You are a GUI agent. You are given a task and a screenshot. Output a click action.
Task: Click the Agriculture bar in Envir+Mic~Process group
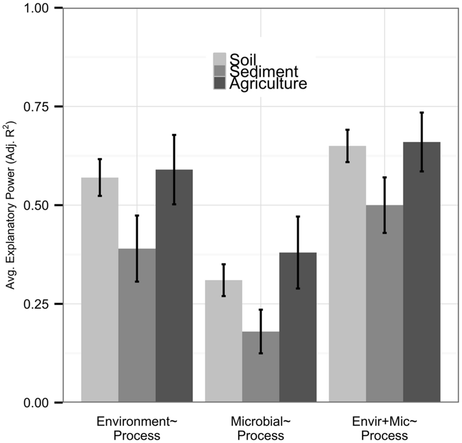(x=421, y=272)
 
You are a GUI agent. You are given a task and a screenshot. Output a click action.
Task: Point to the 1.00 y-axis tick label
(x=37, y=8)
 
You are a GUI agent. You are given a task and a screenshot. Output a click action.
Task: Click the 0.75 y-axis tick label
(x=37, y=107)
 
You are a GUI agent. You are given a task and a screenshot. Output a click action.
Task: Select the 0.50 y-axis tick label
(x=37, y=205)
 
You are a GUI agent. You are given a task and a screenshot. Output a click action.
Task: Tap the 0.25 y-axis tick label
(x=37, y=304)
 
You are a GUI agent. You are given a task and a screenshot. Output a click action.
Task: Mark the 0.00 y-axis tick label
(x=37, y=402)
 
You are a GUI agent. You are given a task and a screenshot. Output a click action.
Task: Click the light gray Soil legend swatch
(x=219, y=59)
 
